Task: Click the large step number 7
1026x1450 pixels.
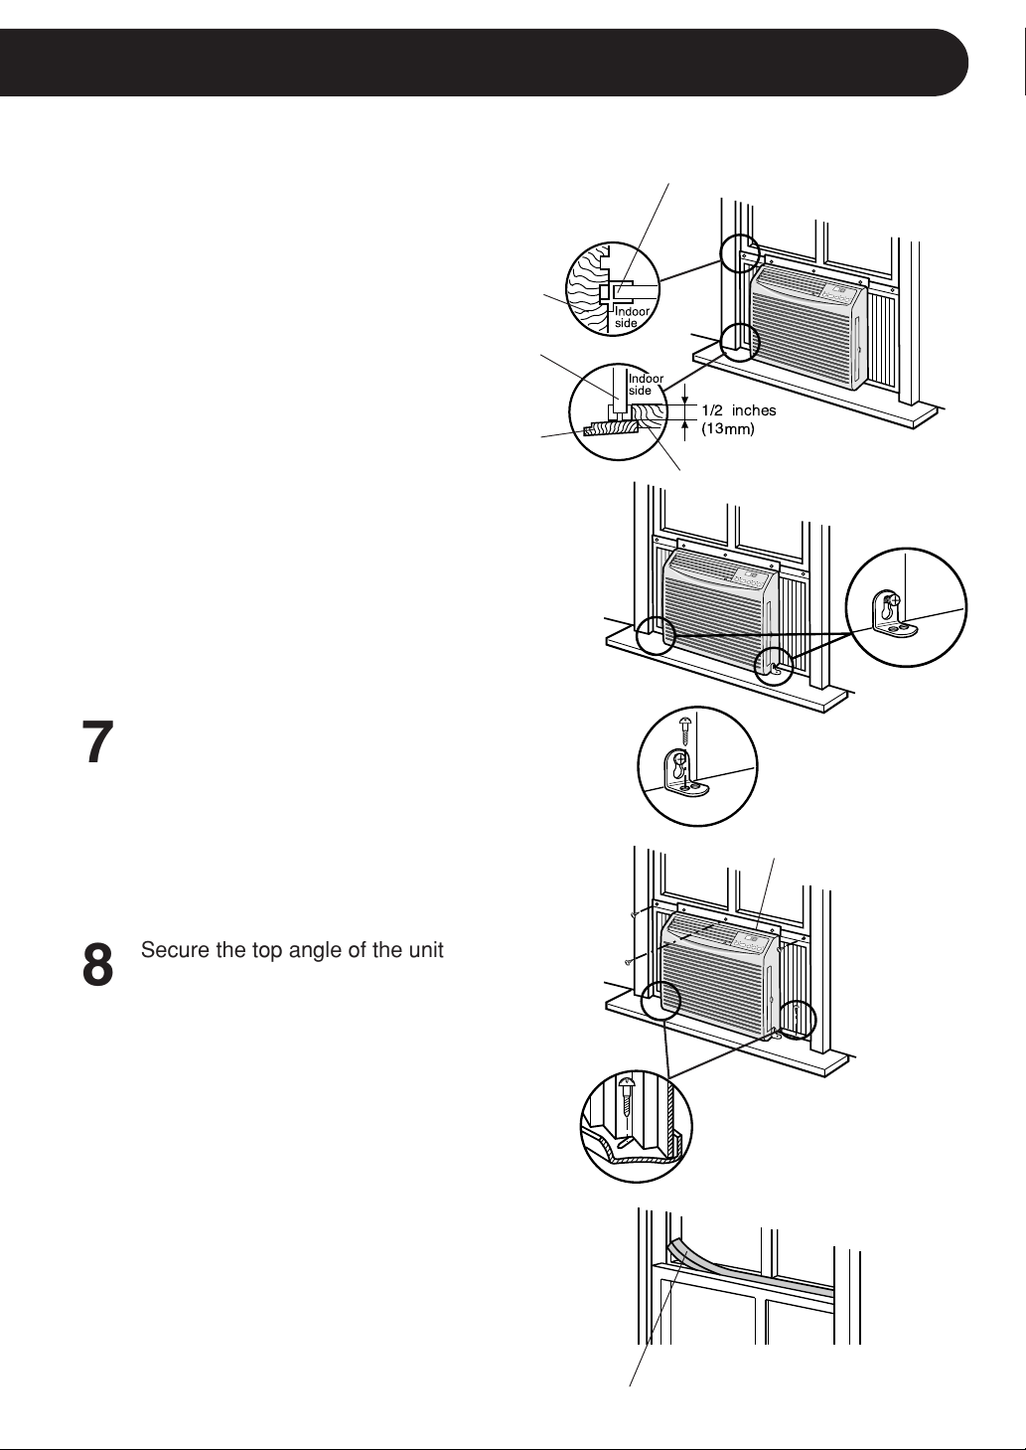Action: tap(97, 741)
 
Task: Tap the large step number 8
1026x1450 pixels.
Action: tap(97, 964)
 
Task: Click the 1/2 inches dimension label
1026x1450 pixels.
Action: tap(739, 410)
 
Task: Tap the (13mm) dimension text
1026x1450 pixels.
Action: tap(728, 428)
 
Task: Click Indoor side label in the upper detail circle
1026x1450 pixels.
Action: tap(632, 317)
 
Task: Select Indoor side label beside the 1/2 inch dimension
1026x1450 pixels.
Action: tap(646, 385)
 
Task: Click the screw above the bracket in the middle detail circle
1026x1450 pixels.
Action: tap(685, 730)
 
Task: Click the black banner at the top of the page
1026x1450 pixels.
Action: tap(484, 63)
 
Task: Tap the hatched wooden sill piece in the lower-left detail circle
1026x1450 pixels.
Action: tap(612, 428)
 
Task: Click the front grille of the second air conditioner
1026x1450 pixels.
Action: tap(711, 621)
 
